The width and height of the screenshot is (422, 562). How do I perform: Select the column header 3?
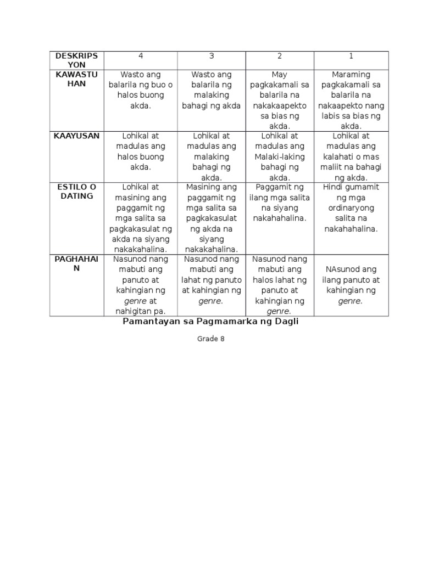(x=212, y=56)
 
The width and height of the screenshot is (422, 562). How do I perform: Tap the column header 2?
(x=279, y=56)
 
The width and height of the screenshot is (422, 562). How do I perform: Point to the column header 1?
(x=351, y=56)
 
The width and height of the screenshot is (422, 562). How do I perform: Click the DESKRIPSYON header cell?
(x=77, y=60)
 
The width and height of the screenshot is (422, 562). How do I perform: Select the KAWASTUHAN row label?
(x=77, y=80)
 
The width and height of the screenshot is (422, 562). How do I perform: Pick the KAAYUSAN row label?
(x=77, y=136)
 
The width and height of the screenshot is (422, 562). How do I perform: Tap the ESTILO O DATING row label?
(x=77, y=192)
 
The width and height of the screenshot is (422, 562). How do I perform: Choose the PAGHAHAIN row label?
(x=77, y=264)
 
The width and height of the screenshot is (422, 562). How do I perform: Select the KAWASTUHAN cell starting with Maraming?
(x=351, y=100)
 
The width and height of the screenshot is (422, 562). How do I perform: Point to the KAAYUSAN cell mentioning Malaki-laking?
(x=279, y=156)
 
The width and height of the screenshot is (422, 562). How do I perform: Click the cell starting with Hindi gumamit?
(x=351, y=208)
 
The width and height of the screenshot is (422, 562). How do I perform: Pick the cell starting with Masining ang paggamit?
(x=212, y=218)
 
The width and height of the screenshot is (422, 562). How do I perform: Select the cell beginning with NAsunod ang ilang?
(x=351, y=285)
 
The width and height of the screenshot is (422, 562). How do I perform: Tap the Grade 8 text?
(x=211, y=339)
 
